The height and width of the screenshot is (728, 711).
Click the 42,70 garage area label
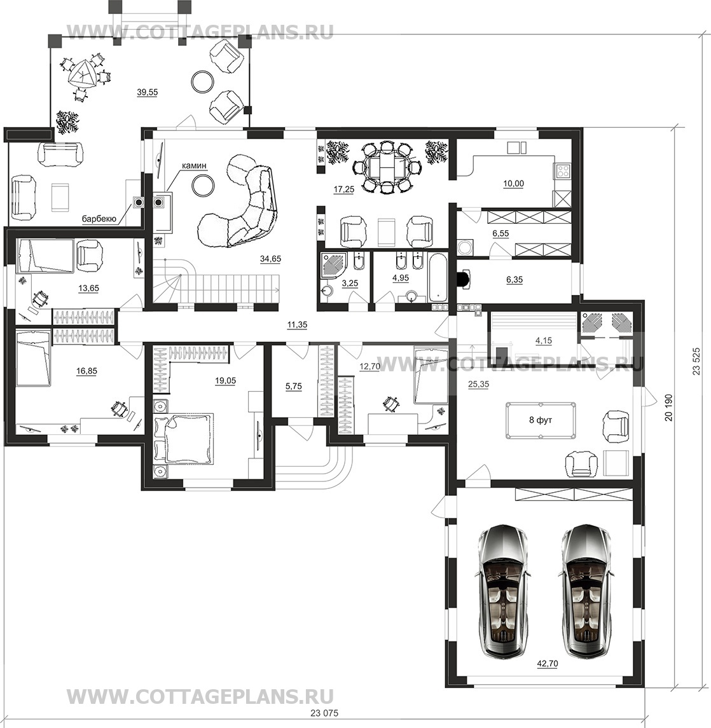(548, 664)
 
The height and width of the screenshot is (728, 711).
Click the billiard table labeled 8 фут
(541, 421)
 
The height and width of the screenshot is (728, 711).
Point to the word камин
(194, 166)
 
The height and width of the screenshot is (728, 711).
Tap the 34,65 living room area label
(270, 259)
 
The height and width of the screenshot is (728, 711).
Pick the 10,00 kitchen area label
(513, 183)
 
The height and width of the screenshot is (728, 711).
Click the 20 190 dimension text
(669, 408)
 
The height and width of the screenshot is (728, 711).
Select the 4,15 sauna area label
(544, 340)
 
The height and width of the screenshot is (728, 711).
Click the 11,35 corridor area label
(297, 324)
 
